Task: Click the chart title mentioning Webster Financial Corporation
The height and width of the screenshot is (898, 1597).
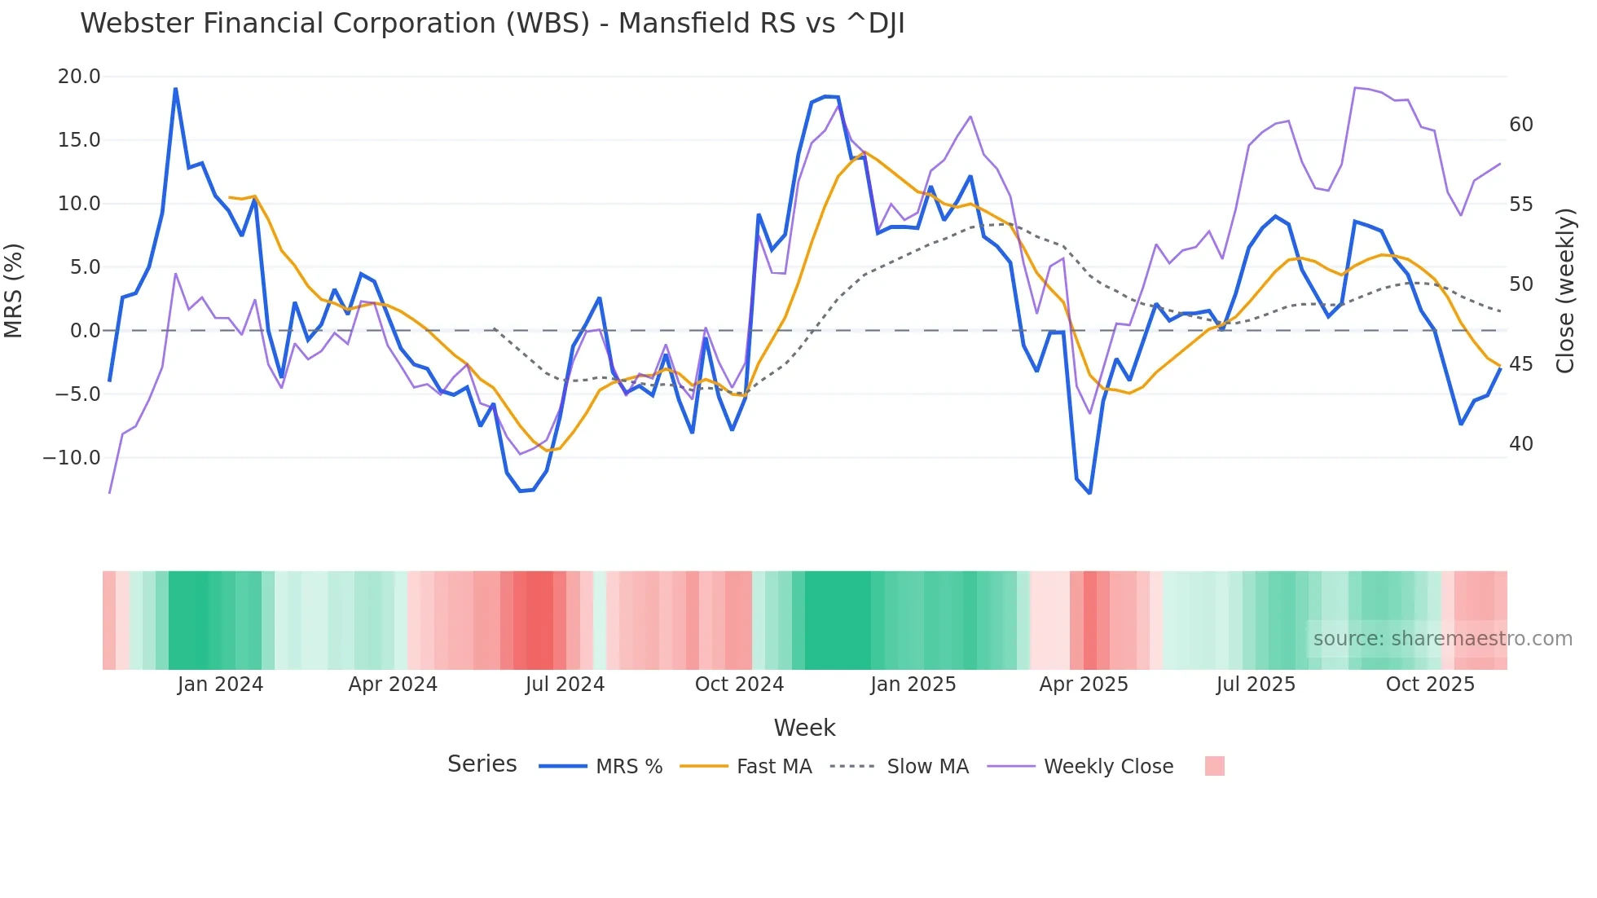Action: tap(492, 24)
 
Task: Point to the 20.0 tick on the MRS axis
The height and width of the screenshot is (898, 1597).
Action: tap(78, 77)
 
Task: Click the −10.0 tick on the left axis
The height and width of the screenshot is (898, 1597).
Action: tap(72, 458)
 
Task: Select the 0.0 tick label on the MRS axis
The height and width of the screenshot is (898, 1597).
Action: tap(85, 331)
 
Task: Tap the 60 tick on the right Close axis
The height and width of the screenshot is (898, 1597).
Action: tap(1520, 125)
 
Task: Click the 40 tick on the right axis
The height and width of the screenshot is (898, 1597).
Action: tap(1520, 444)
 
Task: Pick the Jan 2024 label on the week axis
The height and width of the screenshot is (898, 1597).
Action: tap(220, 685)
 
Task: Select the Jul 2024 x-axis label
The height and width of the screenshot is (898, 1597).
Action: tap(565, 685)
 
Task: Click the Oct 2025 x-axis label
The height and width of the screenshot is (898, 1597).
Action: tap(1430, 685)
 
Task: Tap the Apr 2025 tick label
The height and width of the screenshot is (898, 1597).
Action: tap(1083, 685)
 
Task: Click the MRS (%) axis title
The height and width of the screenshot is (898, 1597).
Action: tap(14, 290)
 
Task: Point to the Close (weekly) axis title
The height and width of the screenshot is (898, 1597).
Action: tap(1565, 291)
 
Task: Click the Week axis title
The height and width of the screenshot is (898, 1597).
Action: tap(804, 728)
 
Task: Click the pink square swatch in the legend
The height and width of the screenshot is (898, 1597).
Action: tap(1214, 766)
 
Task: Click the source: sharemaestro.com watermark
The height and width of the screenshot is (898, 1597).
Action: tap(1442, 639)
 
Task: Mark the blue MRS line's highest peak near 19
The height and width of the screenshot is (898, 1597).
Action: tap(175, 89)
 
